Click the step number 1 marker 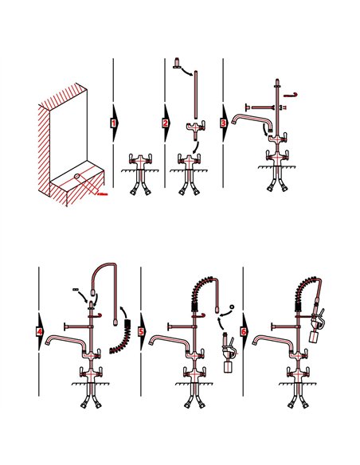coord(114,123)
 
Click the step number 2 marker coord(166,123)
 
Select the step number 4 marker coord(40,330)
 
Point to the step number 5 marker coord(141,330)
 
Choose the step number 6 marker coord(245,330)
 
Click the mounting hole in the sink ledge coord(76,176)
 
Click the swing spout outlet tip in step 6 coord(256,344)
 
